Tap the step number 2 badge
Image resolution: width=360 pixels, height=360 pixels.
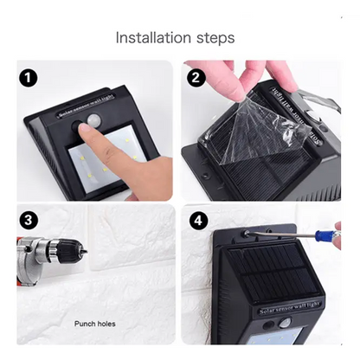point(196,78)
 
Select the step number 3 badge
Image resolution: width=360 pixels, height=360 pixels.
point(29,220)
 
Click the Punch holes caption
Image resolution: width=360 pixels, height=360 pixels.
point(95,324)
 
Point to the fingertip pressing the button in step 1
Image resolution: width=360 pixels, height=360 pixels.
point(87,132)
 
